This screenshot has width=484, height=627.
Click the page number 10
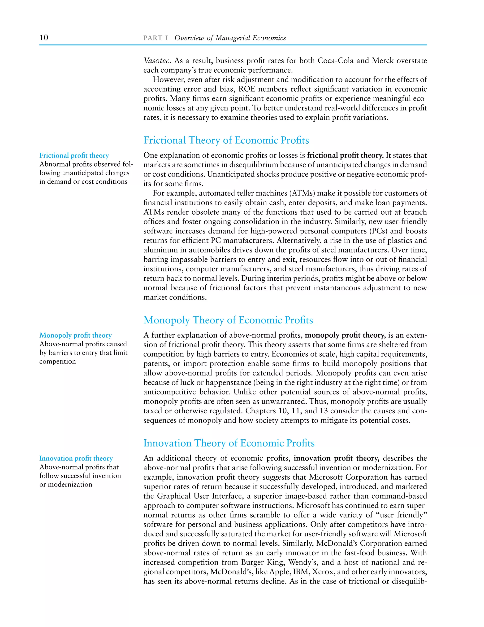pyautogui.click(x=44, y=38)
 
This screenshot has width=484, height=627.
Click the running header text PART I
pyautogui.click(x=156, y=38)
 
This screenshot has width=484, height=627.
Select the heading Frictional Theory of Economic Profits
pyautogui.click(x=226, y=140)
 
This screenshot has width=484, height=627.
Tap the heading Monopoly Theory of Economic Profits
pyautogui.click(x=228, y=320)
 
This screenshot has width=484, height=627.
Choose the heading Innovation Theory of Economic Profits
pyautogui.click(x=229, y=443)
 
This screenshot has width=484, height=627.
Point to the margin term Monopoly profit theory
pyautogui.click(x=75, y=335)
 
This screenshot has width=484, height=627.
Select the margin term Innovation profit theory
pyautogui.click(x=76, y=458)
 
